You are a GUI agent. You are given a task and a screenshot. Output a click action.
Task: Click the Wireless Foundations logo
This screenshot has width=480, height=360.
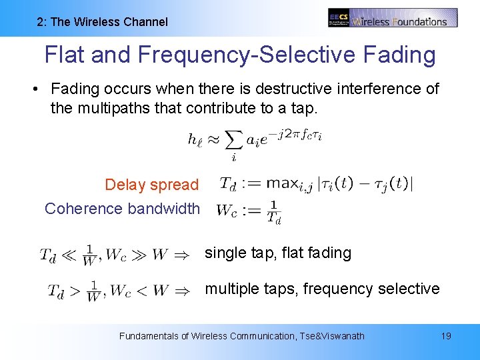point(393,18)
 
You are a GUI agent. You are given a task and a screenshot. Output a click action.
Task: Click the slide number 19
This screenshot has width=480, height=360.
point(446,336)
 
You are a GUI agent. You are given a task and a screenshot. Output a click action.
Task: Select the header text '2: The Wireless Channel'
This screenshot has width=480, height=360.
point(102,22)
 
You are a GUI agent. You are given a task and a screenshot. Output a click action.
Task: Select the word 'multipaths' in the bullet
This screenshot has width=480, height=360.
point(111,107)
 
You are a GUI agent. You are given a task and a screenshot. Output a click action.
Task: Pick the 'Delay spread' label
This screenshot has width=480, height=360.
point(151,185)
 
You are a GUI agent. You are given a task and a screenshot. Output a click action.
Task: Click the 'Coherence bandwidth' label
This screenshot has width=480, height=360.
point(122,209)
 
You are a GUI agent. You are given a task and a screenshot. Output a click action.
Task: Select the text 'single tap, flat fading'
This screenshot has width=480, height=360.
point(278,253)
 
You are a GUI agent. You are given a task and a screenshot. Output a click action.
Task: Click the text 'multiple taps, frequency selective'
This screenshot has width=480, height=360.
point(322,289)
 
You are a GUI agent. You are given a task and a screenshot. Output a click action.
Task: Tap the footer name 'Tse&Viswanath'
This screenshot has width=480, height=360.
point(333,336)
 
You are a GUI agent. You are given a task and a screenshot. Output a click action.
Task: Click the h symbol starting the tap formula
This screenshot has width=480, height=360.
point(195,139)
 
